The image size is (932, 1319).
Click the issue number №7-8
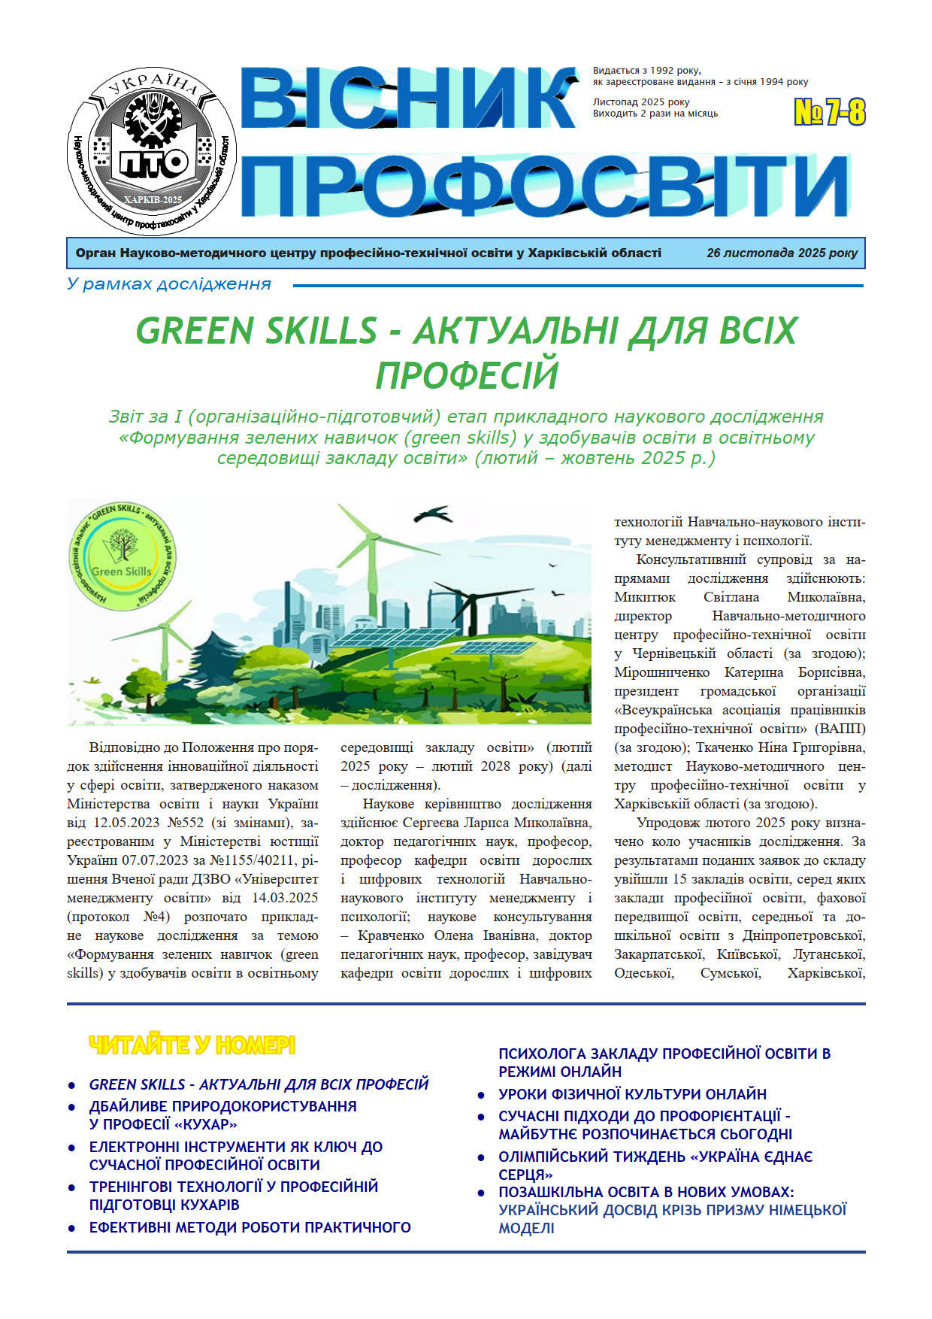click(x=830, y=113)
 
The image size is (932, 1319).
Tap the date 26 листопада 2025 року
click(x=781, y=253)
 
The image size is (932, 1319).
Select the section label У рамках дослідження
click(x=168, y=284)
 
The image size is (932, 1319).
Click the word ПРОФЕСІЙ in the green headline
click(x=467, y=374)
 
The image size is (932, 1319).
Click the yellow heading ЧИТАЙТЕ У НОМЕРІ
click(x=192, y=1045)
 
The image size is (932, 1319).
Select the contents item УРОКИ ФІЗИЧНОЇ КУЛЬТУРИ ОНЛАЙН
click(x=632, y=1094)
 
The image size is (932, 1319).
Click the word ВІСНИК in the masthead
click(x=409, y=99)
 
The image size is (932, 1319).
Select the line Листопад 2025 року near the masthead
click(x=640, y=102)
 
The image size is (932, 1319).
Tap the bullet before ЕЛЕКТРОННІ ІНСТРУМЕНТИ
click(x=72, y=1148)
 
